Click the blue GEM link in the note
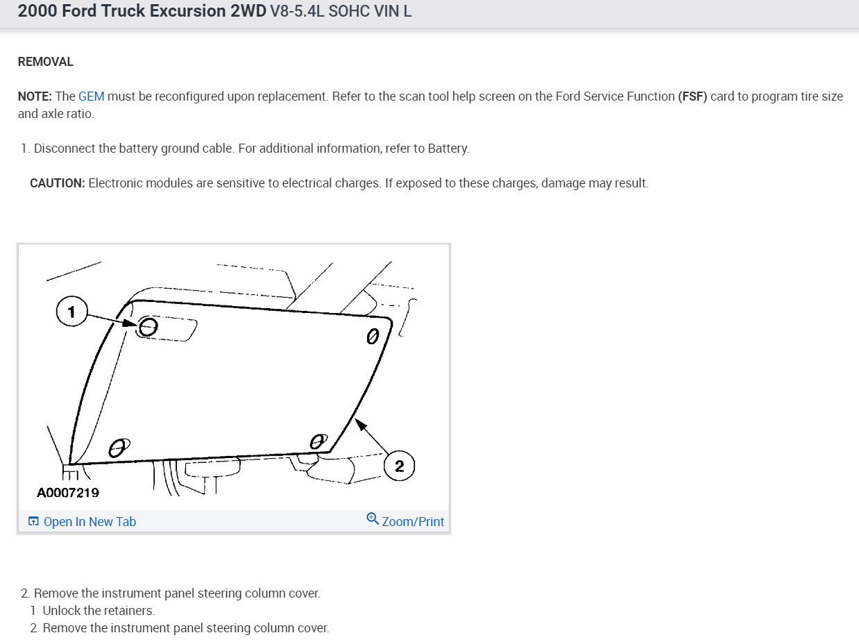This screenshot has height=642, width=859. point(91,96)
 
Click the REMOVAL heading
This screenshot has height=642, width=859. point(45,62)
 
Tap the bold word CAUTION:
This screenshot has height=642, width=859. point(58,183)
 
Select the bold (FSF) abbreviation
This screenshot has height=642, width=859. point(692,96)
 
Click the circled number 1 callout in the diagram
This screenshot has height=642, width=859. point(71,312)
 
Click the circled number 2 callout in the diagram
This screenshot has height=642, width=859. point(399,466)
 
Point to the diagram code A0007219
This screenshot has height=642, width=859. point(68,493)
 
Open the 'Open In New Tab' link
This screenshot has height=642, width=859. point(90,521)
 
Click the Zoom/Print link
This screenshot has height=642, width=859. point(413,521)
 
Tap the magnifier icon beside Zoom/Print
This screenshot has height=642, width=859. point(373,519)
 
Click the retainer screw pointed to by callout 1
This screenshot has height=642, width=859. point(148,327)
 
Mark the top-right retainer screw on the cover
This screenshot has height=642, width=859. point(373,337)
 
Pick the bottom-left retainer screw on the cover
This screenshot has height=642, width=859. point(119,448)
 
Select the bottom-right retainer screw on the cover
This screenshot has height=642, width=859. point(318,441)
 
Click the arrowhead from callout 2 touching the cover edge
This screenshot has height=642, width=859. point(360,424)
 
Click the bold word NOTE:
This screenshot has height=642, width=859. point(35,96)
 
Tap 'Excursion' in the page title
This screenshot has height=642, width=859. point(188,11)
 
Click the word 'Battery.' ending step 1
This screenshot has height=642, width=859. point(448,149)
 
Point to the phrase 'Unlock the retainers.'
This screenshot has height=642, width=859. point(99,611)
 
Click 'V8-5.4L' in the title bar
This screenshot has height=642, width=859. point(298,11)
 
